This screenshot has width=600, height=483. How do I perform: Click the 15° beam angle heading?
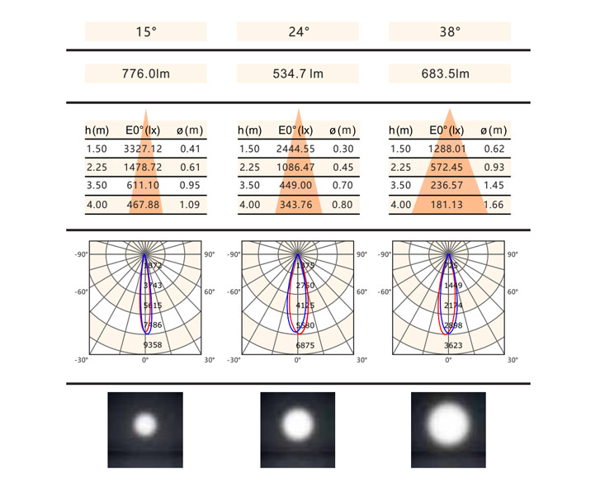pos(145,32)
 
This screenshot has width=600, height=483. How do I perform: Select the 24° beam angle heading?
pos(298,32)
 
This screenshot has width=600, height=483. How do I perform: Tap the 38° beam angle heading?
pos(450,32)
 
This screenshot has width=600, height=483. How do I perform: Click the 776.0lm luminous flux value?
pos(145,74)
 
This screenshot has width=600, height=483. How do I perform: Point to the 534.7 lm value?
pos(298,74)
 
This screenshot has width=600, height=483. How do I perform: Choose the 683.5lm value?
pos(450,74)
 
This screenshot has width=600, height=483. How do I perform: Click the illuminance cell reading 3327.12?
pos(143,149)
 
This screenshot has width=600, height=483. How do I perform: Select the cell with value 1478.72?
pos(143,168)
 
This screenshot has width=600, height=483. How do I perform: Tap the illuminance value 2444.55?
pos(296,149)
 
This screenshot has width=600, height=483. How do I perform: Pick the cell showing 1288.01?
pos(448,149)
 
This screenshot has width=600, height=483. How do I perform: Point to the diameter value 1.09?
pos(190,205)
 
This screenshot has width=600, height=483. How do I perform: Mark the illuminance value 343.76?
pos(296,205)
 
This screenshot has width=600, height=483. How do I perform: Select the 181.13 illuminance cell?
pos(448,205)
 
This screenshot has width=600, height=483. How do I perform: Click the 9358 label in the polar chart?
pos(153,344)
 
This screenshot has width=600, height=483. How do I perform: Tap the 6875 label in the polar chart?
pos(305,344)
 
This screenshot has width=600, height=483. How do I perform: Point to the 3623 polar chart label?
pos(453,344)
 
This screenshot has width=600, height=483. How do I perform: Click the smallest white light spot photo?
pos(145,425)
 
